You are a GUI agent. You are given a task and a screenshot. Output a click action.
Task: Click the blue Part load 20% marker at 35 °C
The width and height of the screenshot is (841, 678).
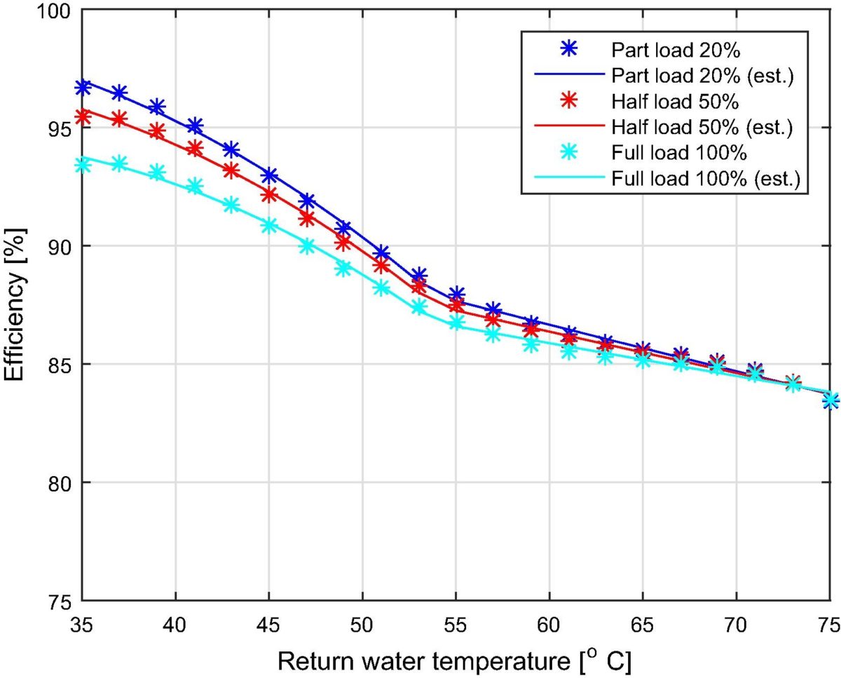click(x=83, y=88)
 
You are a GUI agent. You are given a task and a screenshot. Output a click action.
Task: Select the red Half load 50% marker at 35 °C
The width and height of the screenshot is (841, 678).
click(x=83, y=116)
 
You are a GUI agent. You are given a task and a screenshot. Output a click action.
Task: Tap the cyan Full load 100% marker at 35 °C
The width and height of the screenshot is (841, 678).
click(x=83, y=165)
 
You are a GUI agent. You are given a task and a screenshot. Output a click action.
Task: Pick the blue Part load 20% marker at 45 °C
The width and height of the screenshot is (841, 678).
click(x=269, y=175)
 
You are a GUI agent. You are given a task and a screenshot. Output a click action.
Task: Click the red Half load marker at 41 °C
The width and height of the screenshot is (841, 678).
click(x=195, y=149)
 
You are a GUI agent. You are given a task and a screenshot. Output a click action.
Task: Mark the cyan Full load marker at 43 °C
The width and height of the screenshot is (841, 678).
click(x=232, y=205)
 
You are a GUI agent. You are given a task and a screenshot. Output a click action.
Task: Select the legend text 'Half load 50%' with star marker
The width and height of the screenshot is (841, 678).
click(x=675, y=102)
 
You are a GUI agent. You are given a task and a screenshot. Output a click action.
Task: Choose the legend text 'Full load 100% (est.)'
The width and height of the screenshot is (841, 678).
click(x=704, y=179)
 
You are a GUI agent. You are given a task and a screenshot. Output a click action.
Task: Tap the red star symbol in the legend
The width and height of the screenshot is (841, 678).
click(x=570, y=102)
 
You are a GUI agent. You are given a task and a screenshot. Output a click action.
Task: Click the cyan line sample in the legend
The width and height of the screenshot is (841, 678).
click(x=570, y=179)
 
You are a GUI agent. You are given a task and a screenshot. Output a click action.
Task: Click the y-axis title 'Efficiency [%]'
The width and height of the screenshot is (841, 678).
click(x=17, y=305)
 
